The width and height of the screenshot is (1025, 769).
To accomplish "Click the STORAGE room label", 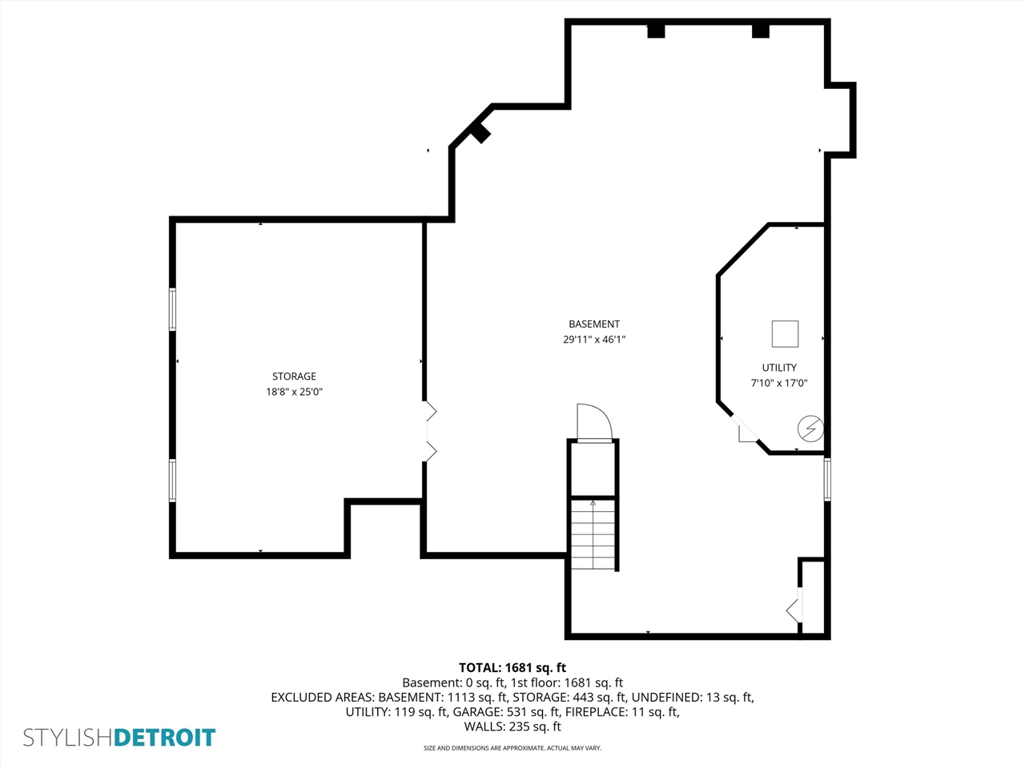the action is [x=294, y=376].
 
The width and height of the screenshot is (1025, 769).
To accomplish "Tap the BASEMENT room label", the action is [x=594, y=324].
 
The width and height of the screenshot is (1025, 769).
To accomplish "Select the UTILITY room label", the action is [x=779, y=367].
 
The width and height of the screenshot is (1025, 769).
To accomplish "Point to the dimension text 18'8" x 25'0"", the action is [x=294, y=391].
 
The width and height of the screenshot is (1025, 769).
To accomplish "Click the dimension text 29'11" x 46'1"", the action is [x=594, y=339].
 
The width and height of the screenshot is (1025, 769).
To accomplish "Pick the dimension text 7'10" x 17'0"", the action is [x=779, y=383].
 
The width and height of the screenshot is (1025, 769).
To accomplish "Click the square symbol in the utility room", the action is [x=785, y=333].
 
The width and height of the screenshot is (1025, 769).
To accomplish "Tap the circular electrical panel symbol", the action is [x=810, y=428].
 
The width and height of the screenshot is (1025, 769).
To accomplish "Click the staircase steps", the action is [x=593, y=534].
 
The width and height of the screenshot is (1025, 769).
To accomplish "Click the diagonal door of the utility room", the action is [x=745, y=427].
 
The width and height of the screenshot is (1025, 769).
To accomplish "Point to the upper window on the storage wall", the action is [x=172, y=309].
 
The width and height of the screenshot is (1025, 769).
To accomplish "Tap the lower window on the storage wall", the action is [x=172, y=481].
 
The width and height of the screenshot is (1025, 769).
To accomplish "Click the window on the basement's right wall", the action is [x=827, y=479].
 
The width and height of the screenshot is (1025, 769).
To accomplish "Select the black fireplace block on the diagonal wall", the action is [x=480, y=133].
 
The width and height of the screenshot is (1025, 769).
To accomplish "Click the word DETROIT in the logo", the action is [x=164, y=737].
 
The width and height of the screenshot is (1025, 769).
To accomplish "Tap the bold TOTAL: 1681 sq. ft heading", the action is [x=512, y=667].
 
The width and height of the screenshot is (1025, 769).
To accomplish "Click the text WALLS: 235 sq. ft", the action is [x=512, y=726].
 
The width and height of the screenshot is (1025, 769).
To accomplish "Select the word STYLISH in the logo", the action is [x=68, y=737].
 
